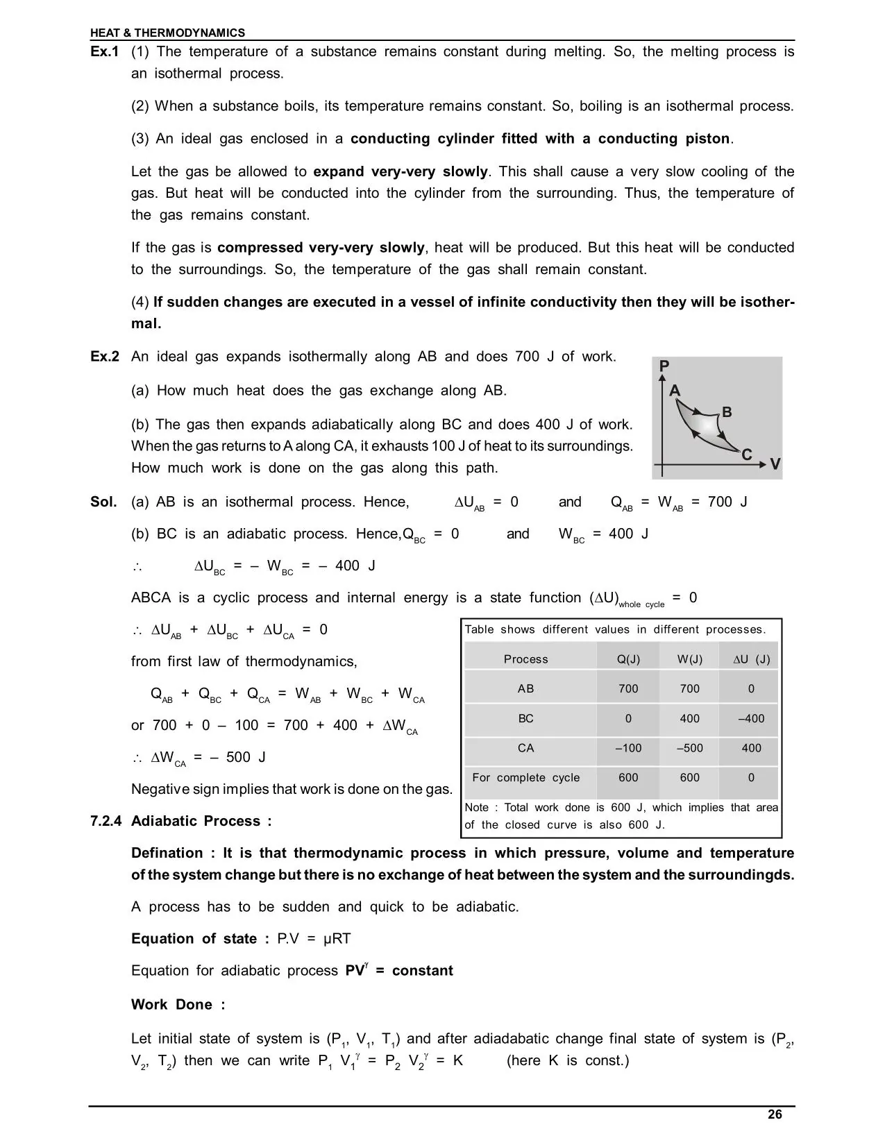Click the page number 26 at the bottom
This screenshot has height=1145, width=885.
775,1114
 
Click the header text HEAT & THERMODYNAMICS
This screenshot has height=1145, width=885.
167,33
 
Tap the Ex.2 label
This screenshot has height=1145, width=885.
105,357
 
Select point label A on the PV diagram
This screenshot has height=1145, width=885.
675,391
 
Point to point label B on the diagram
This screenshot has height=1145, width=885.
727,412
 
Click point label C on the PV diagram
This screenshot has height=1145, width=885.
747,455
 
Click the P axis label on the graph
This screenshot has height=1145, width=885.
664,366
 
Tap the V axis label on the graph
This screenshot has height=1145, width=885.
775,464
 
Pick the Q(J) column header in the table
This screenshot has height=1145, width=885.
628,659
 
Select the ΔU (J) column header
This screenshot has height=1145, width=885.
751,659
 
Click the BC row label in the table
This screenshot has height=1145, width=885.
525,718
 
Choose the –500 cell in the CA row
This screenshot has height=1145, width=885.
689,748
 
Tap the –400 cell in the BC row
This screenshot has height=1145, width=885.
751,718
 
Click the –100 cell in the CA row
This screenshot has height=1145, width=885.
628,748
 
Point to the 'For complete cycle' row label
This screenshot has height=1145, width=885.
525,777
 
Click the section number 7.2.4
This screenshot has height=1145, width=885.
106,821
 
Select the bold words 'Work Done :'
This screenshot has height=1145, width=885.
178,1005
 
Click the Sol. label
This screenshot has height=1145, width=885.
103,502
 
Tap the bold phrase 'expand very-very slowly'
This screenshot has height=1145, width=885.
401,171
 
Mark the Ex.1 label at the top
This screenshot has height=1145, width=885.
105,52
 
